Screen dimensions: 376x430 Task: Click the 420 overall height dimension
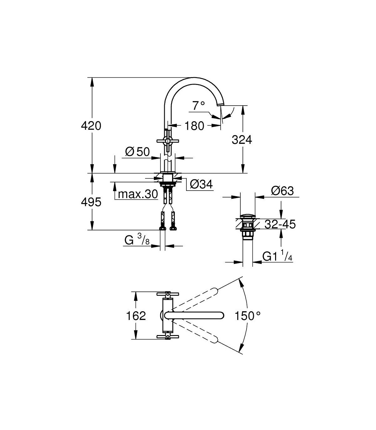[91, 126]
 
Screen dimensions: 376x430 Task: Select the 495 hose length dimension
[91, 202]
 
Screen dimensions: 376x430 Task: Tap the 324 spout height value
[242, 139]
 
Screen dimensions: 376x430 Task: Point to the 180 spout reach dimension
[194, 126]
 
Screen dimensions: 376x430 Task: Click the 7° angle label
[198, 106]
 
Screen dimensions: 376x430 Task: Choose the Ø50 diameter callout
[137, 151]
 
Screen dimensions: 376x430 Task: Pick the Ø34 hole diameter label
[201, 184]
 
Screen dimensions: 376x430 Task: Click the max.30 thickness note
[138, 194]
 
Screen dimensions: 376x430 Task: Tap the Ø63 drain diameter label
[283, 191]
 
